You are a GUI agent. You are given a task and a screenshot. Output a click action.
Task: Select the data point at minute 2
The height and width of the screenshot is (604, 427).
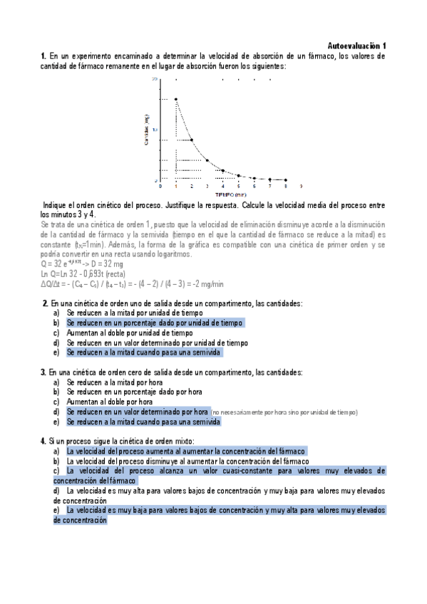point(191,140)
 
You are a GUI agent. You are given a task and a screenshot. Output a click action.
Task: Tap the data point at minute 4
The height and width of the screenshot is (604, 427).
point(223,170)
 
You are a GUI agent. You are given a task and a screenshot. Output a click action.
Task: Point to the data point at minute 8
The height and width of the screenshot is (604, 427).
point(286,179)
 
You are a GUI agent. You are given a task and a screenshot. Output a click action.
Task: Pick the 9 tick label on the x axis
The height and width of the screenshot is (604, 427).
point(302,187)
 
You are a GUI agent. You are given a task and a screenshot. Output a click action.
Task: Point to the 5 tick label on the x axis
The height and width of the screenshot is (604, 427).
point(239,187)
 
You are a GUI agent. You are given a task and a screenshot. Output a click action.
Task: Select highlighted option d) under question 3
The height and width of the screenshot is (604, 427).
point(138,412)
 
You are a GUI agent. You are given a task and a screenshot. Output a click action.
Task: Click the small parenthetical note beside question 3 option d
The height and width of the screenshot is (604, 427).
point(284,412)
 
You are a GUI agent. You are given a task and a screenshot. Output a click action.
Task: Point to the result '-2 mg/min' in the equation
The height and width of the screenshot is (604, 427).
point(206,283)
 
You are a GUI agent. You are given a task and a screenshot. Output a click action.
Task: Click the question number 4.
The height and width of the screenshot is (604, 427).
point(44,441)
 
